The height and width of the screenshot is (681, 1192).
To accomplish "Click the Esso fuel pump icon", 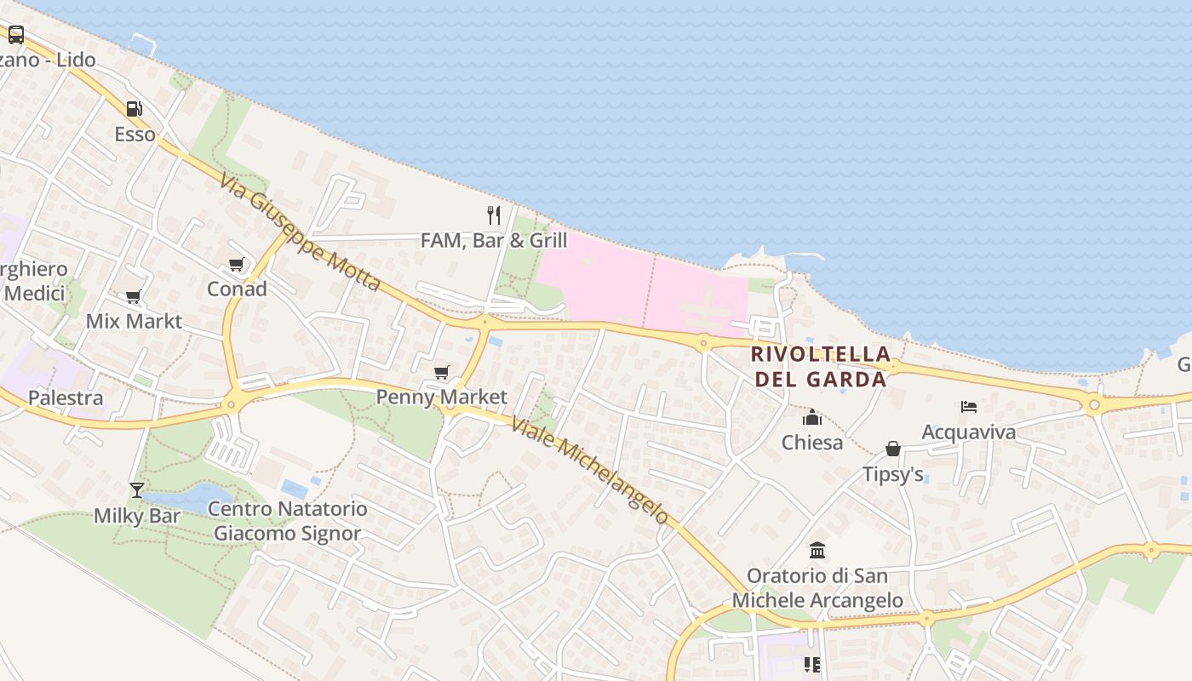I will coord(134,109).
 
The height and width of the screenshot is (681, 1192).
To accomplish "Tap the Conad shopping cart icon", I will coord(237,265).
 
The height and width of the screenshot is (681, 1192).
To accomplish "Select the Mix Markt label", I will coord(134,321).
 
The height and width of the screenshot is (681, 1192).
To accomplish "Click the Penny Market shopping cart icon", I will coord(441,372).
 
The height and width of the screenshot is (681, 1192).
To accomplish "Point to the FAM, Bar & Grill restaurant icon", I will coord(494,215).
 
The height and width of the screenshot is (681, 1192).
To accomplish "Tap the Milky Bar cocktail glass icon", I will coord(136,489).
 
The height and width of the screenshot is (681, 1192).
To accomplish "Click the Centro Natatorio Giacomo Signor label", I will coord(288,521).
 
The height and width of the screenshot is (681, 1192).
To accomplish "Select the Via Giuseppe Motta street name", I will coord(299,232).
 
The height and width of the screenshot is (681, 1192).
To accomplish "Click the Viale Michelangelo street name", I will coord(590,468).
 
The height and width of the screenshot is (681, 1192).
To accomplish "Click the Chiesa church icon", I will coord(812,417).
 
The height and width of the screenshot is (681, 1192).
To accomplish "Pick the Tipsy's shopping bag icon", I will coord(893,449).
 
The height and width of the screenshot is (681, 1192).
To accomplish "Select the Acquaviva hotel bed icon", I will coord(969,407).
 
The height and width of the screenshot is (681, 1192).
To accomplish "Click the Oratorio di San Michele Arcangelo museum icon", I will coord(817,550).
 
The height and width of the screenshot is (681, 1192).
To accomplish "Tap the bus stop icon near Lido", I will coord(16,35).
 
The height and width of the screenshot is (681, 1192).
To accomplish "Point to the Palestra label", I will coord(66,398).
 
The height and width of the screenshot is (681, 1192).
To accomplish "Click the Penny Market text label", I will coord(441,397).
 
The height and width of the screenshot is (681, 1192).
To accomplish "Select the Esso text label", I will coord(135,134).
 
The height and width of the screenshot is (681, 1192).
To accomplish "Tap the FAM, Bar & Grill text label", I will coord(494,241).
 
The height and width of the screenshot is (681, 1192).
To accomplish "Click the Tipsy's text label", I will coord(893,474).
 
